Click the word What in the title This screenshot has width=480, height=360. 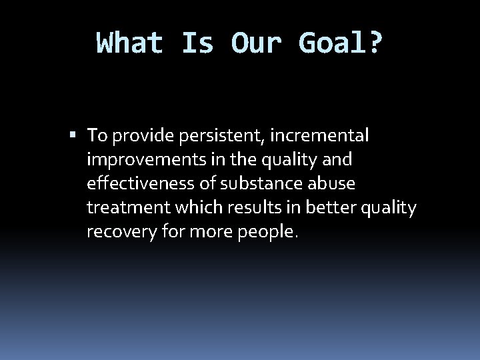[130, 43]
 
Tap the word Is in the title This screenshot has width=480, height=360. [197, 43]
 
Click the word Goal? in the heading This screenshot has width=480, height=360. [341, 43]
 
